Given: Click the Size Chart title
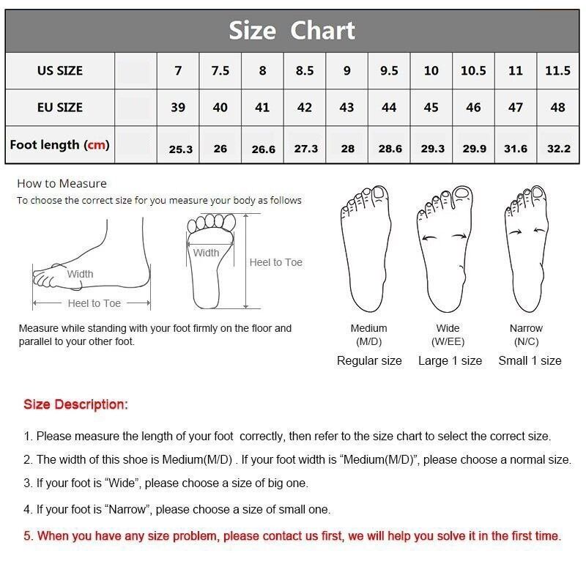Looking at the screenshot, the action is tap(292, 30).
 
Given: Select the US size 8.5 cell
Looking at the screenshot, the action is tap(305, 70).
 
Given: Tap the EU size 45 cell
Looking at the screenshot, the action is tap(431, 108).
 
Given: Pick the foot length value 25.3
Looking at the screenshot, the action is tap(180, 149).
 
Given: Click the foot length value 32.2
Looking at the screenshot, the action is tap(559, 149).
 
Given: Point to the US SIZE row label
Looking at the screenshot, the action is tap(60, 70).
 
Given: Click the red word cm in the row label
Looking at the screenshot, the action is tap(96, 144).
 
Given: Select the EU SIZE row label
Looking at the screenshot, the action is tap(60, 108).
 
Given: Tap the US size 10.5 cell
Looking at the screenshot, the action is tap(473, 70).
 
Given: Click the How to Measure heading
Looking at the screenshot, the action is tap(62, 184).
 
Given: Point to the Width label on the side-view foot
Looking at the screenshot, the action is tap(80, 274).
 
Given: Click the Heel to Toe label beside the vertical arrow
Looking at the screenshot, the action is tap(276, 262).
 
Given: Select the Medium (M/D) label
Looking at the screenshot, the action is tap(369, 335).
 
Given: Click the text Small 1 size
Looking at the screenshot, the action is tap(530, 360).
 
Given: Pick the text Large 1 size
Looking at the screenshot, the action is tap(450, 360).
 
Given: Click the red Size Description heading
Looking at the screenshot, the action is tap(76, 404).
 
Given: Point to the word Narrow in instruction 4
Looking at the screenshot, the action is tap(127, 509).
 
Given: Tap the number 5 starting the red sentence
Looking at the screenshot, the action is tap(27, 536).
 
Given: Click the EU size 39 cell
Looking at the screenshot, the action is tap(178, 108).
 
